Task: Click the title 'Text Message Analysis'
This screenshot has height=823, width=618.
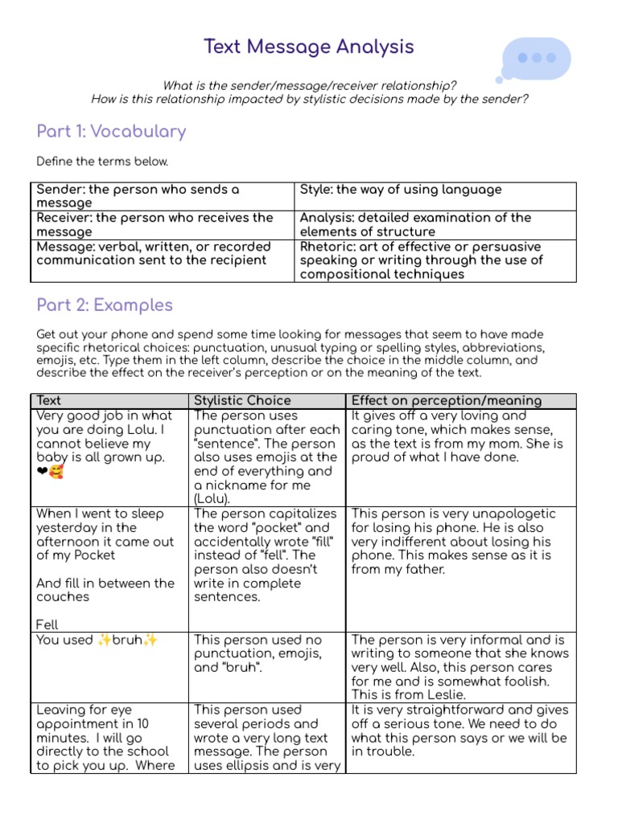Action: [x=309, y=47]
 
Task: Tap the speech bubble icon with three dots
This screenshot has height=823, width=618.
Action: [x=536, y=58]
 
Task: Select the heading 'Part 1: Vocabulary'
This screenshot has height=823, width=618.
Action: [x=111, y=131]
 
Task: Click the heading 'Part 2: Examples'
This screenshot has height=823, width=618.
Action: [x=105, y=305]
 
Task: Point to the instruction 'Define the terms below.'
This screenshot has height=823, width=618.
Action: [x=102, y=162]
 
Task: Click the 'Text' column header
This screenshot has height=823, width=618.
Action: [x=49, y=400]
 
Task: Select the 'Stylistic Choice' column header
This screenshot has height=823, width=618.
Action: [x=242, y=400]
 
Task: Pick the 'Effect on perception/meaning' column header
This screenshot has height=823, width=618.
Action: [x=446, y=400]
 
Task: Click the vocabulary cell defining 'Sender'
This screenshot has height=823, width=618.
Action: [x=161, y=196]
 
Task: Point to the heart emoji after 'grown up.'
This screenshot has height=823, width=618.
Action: [x=43, y=472]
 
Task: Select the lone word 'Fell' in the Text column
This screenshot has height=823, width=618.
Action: [x=47, y=624]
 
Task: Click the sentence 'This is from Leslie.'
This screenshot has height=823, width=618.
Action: [x=409, y=694]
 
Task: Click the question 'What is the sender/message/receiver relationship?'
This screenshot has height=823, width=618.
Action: [x=310, y=85]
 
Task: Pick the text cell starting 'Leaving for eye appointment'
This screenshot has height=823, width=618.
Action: [x=109, y=737]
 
